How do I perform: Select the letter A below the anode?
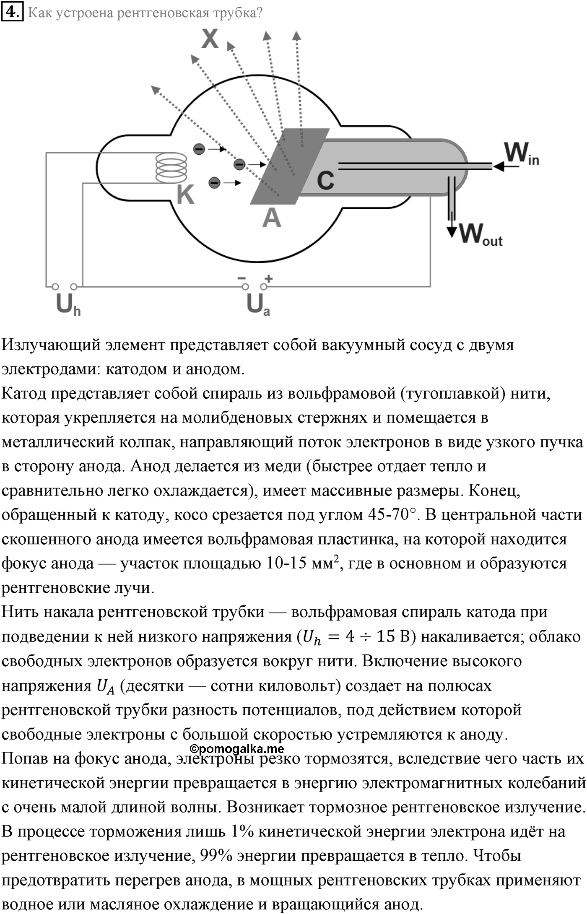(272, 218)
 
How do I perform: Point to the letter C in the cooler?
(325, 180)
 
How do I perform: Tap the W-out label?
(481, 234)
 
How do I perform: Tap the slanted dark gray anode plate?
(290, 166)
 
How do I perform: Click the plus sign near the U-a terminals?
(268, 278)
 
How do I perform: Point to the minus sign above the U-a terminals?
(242, 278)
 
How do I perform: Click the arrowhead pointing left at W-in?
(499, 166)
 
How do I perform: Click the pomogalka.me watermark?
(237, 748)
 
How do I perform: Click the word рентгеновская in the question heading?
(163, 13)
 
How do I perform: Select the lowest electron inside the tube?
(214, 182)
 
